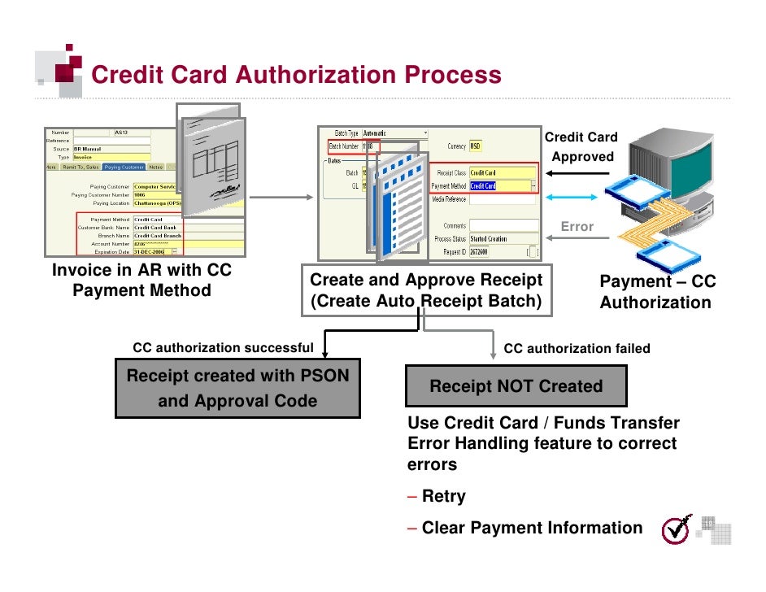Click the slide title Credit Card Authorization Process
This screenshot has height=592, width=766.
click(x=296, y=75)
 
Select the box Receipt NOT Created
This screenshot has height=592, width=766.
click(x=516, y=386)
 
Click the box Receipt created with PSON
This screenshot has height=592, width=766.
click(x=237, y=389)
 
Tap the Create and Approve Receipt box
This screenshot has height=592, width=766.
click(x=425, y=290)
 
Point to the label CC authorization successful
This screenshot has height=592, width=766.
click(x=223, y=348)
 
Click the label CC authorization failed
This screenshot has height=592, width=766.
click(x=577, y=349)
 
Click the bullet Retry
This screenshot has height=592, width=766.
click(x=442, y=496)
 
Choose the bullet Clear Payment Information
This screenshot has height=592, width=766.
click(x=531, y=528)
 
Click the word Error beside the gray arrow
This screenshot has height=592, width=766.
click(x=577, y=227)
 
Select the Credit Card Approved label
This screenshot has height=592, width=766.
click(x=581, y=147)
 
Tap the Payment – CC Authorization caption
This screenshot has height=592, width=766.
click(x=657, y=292)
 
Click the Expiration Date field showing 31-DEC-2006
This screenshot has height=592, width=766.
click(x=151, y=251)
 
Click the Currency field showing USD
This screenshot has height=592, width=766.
click(x=476, y=146)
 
